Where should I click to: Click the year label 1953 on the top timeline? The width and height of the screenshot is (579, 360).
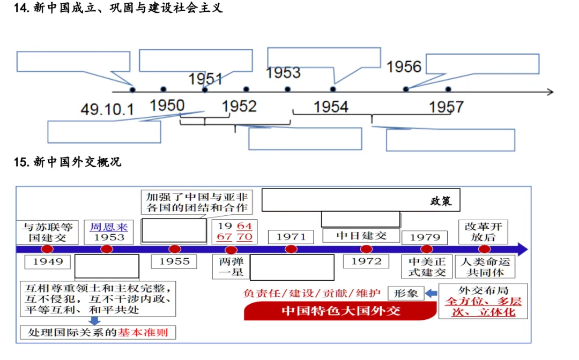tap(283, 73)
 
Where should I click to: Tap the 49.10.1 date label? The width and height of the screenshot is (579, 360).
tap(107, 110)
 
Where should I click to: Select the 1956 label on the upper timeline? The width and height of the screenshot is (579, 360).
tap(404, 67)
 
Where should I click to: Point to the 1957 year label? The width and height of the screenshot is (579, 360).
tap(446, 107)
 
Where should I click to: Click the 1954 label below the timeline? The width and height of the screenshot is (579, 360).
tap(331, 107)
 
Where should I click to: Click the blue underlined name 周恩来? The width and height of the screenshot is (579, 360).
tap(109, 227)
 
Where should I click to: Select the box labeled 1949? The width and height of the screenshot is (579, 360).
tap(48, 261)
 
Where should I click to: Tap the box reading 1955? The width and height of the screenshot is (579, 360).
tap(174, 261)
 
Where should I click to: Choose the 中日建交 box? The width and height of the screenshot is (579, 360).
tap(361, 236)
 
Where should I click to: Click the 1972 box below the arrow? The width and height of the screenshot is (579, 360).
tap(366, 261)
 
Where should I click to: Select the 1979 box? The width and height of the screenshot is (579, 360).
tap(425, 237)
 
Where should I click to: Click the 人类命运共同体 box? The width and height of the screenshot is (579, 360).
tap(484, 267)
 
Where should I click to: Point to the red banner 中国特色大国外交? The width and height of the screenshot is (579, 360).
tap(340, 311)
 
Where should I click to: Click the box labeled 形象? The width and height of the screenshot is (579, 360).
tap(405, 293)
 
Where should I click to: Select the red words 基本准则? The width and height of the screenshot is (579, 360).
tap(143, 332)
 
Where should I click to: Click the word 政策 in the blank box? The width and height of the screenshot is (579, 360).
tap(441, 201)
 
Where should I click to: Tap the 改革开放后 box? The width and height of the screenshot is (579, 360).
tap(484, 232)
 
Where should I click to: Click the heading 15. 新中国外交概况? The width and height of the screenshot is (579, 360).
tap(68, 162)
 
